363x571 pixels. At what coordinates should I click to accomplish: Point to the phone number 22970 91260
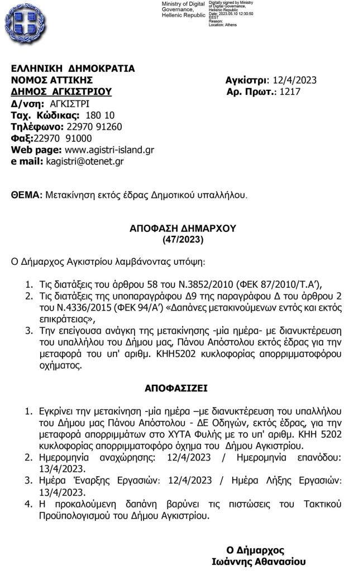(x=94, y=127)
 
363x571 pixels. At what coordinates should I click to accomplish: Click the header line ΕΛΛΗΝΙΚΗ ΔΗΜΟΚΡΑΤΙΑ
(x=73, y=69)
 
